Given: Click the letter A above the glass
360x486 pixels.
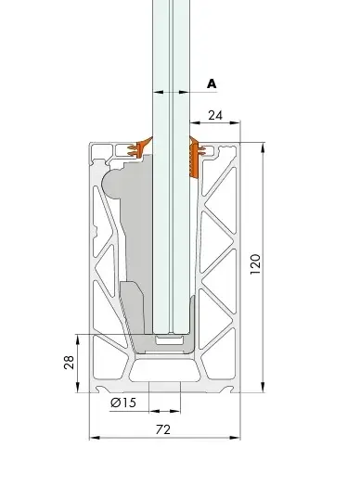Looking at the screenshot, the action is point(212,83).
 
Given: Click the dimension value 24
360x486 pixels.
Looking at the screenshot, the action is point(215,115).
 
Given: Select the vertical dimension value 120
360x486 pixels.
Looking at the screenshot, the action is point(255,263).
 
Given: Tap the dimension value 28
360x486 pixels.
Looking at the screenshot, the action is point(69,362).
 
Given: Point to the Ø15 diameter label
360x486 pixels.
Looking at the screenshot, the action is point(123,403).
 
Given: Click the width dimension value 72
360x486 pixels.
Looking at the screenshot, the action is point(163,430).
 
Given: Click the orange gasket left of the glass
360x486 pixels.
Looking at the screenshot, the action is point(139,147).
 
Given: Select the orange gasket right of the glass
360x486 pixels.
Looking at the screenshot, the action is point(196,158).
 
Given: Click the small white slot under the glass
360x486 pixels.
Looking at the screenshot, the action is point(169,340).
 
